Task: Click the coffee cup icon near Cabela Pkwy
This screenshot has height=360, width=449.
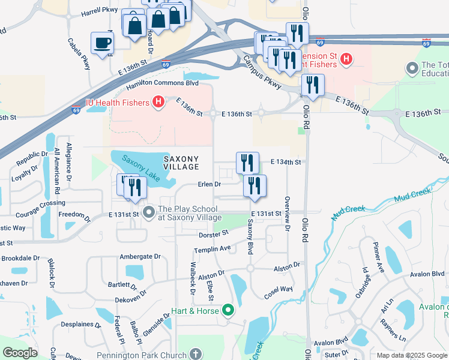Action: [101, 43]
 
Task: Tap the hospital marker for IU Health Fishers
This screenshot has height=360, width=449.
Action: [158, 103]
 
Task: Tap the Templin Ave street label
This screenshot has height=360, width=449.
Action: [212, 248]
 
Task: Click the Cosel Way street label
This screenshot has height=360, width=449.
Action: [279, 293]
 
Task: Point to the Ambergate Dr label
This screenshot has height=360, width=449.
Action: [140, 256]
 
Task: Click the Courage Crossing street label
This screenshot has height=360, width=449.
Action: [40, 204]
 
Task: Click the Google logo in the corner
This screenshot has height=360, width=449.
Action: [20, 353]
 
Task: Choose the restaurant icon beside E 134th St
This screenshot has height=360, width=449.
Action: [247, 163]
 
